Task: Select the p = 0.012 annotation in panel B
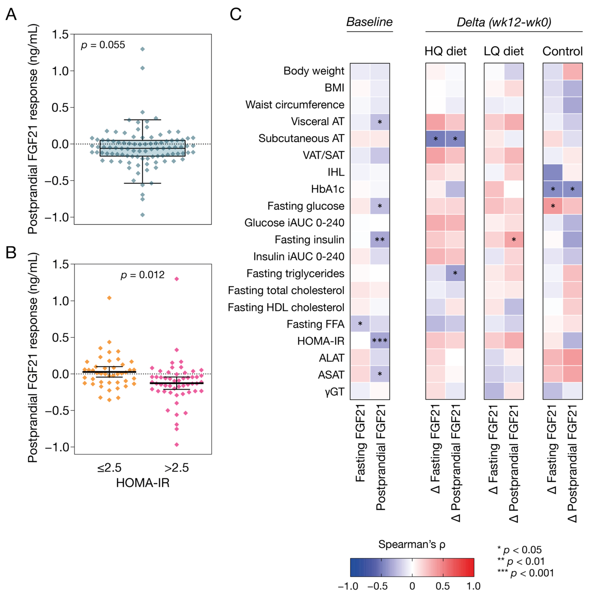(x=143, y=275)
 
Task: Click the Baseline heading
(x=369, y=22)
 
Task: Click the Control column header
(x=562, y=51)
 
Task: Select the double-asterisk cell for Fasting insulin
(x=380, y=240)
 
